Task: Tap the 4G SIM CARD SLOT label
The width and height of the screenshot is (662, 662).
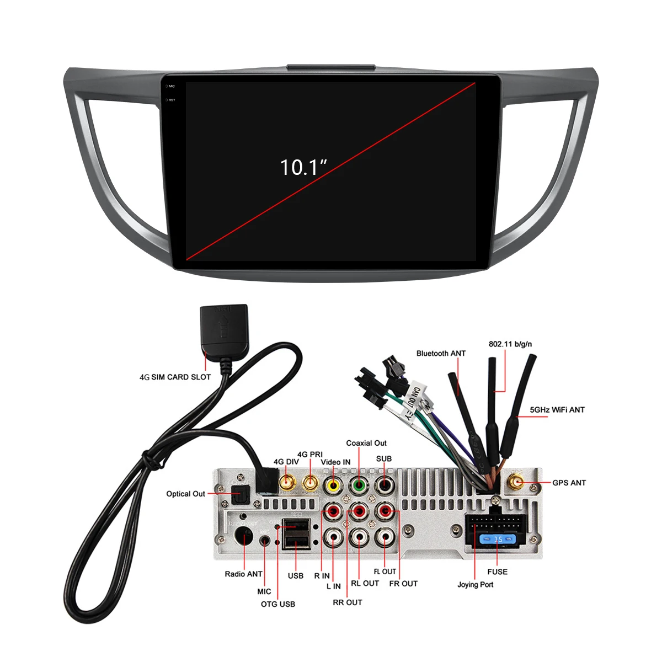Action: (175, 377)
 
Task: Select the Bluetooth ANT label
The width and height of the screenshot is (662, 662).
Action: (441, 354)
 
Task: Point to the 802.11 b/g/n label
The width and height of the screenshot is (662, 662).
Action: (510, 344)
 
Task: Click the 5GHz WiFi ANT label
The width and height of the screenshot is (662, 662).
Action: (557, 410)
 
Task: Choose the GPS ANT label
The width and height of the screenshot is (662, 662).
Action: (569, 483)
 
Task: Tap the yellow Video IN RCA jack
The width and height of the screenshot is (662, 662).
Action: (334, 485)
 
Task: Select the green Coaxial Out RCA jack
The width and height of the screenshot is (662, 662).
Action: (359, 485)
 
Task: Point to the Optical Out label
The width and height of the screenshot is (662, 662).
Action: (185, 494)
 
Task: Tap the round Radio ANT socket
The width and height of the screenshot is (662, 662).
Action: (243, 536)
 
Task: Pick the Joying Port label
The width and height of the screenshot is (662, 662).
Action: (475, 585)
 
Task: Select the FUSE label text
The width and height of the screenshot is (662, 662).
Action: (497, 572)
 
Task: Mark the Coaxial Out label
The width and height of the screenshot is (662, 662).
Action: (366, 443)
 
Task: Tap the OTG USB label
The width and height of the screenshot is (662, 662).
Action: (278, 604)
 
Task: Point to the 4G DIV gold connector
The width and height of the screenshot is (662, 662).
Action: (287, 483)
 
